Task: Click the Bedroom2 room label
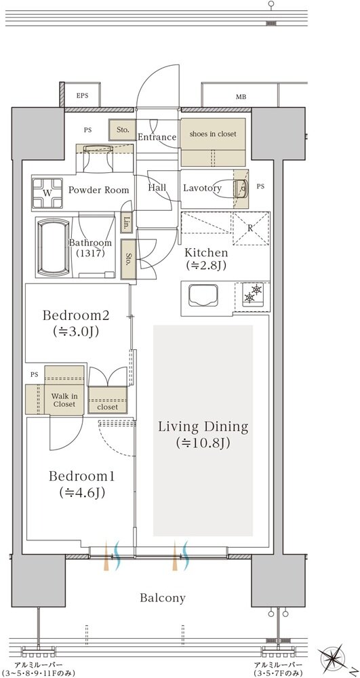coord(76,315)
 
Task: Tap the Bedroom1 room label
coord(81,476)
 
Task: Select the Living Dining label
coord(203,426)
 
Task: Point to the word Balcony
coord(163,598)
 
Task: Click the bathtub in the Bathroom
coord(54,247)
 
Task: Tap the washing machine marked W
coord(47,193)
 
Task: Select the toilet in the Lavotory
coord(241,188)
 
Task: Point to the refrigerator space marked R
coord(251,228)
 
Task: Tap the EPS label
coord(82,96)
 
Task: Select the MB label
coord(241,97)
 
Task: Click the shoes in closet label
coord(213,134)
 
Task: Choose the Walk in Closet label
coord(64,400)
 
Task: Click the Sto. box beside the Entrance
coord(123,129)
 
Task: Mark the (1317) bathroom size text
coord(90,253)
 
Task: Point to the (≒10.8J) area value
coord(203,443)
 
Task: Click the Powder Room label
coord(98,191)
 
